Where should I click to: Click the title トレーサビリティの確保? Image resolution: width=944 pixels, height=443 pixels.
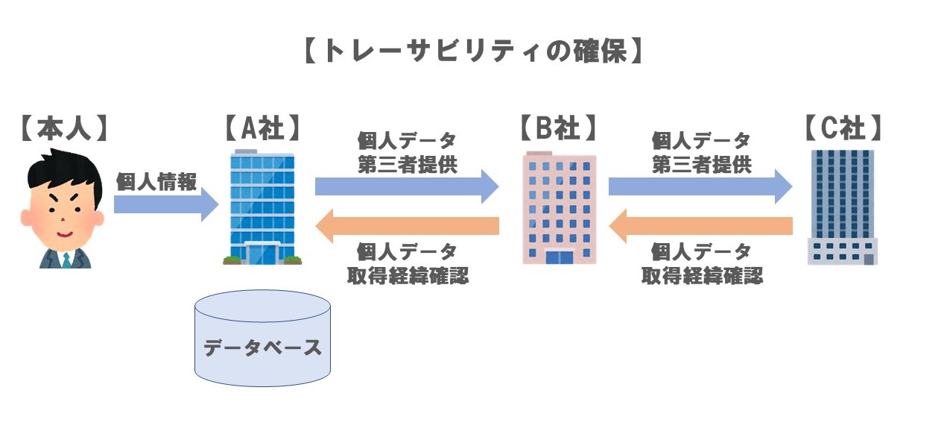point(472,51)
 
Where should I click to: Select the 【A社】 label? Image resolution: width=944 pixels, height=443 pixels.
point(262,128)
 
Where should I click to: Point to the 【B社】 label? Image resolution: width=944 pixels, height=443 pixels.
point(558,128)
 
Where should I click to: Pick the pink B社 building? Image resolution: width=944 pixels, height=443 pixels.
point(559,209)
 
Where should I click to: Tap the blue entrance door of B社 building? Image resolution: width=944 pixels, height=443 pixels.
point(560,257)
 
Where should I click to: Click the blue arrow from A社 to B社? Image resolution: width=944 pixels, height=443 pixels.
point(406,186)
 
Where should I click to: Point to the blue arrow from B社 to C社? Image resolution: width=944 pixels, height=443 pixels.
point(700,186)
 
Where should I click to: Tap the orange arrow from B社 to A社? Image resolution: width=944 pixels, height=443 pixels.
point(406,224)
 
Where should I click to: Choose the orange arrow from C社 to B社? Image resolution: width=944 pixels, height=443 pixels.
point(700,224)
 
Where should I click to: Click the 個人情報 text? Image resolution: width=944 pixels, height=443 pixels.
point(156,181)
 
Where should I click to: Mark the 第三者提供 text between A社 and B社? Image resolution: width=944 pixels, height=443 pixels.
point(407,165)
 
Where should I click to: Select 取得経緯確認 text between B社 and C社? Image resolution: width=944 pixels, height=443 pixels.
point(702,276)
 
